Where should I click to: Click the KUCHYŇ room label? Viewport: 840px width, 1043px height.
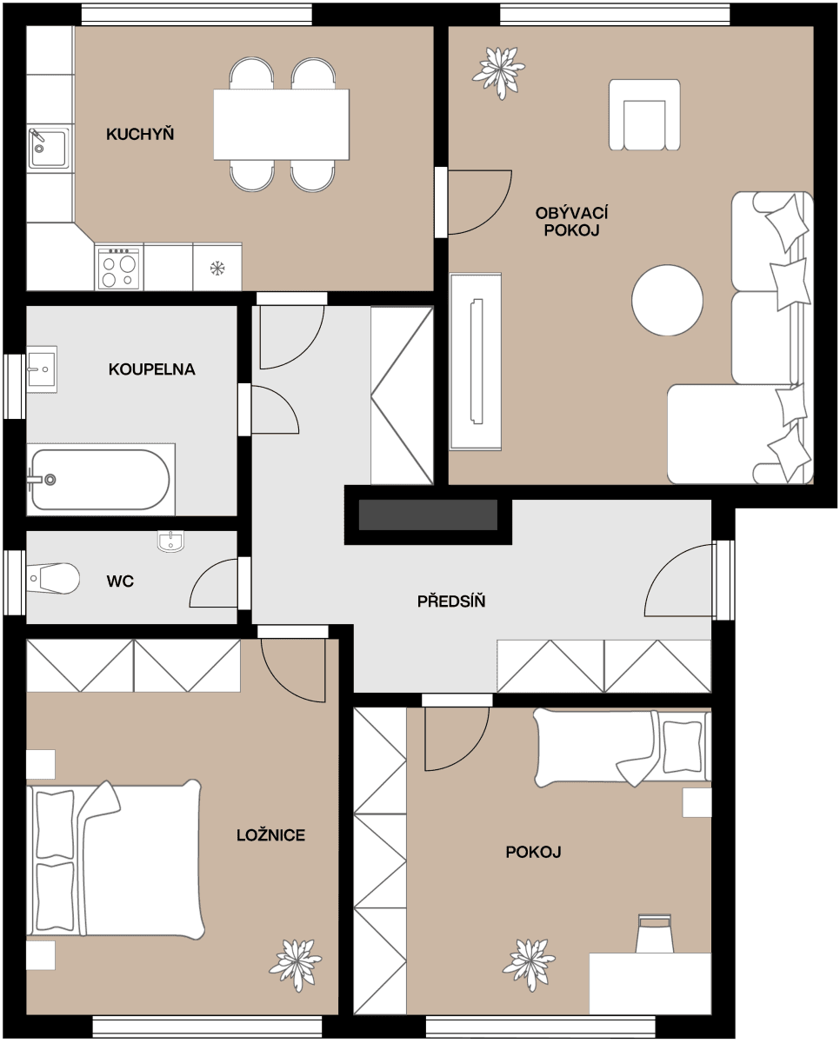click(140, 134)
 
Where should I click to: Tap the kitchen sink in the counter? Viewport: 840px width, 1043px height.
click(48, 149)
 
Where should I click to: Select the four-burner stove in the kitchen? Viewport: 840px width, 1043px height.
click(119, 268)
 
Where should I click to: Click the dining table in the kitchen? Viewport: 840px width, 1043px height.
click(281, 124)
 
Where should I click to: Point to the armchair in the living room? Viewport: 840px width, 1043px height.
click(643, 116)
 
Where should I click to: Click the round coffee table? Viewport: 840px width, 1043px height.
click(667, 300)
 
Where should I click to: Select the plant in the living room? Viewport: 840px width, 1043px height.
click(499, 70)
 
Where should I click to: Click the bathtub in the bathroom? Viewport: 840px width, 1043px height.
click(100, 479)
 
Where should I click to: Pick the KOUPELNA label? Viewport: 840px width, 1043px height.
click(151, 369)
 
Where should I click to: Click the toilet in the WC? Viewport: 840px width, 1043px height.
click(54, 578)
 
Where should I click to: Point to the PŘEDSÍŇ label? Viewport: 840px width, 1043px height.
click(450, 601)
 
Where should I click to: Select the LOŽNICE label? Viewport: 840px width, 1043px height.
click(270, 835)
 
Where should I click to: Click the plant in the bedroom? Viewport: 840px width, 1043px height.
click(296, 964)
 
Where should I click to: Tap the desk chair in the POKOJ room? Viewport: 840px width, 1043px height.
click(655, 933)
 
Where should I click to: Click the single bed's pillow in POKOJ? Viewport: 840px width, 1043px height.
click(682, 747)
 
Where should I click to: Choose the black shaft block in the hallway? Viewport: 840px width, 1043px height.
click(427, 515)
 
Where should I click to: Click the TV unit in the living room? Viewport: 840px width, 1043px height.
click(476, 361)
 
